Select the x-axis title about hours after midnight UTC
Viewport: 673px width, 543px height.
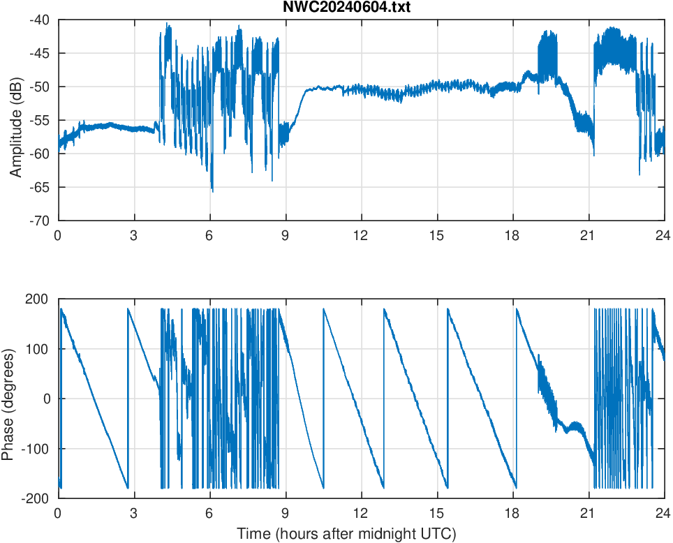[346, 534]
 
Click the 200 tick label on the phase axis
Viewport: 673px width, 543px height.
[40, 299]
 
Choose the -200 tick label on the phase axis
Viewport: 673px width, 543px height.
[38, 498]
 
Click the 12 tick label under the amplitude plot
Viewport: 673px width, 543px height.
[361, 235]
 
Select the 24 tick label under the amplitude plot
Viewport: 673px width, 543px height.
[664, 235]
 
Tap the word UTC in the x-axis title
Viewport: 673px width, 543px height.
[441, 534]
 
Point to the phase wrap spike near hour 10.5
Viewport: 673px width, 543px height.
[324, 398]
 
